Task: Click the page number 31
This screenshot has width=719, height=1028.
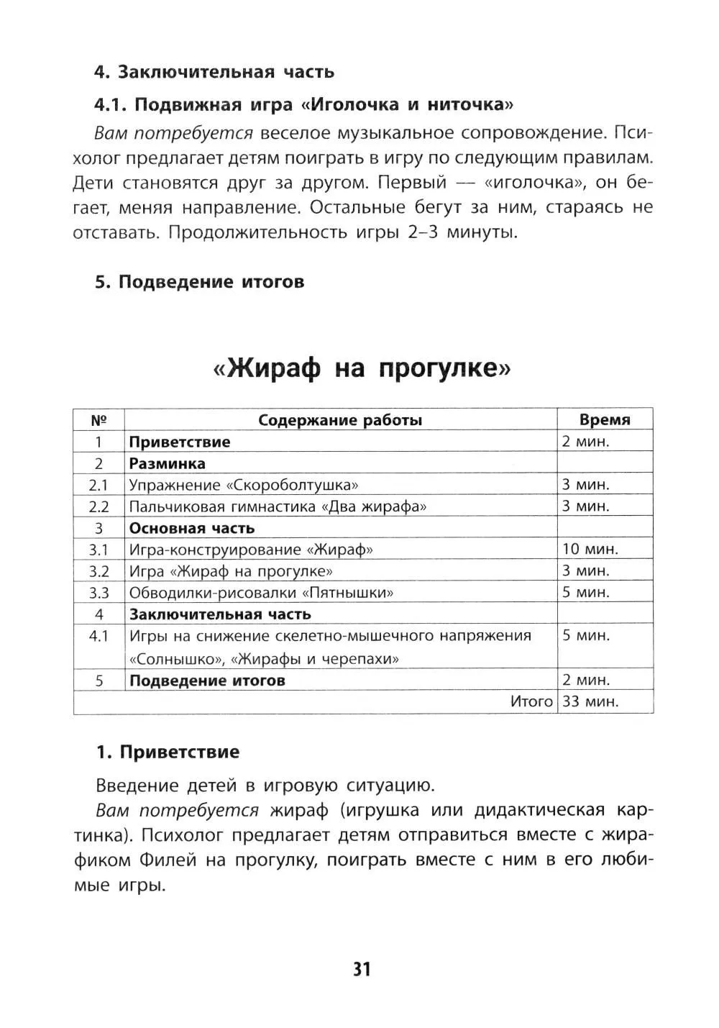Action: (362, 969)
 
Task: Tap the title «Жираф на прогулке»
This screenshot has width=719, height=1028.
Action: (362, 369)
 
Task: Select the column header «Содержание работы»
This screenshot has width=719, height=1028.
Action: (340, 420)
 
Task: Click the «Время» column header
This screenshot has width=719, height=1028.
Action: (605, 420)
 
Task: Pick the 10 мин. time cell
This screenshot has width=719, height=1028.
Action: (590, 549)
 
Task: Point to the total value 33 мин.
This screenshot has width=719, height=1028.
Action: (590, 701)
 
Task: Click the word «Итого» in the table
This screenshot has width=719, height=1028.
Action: (531, 701)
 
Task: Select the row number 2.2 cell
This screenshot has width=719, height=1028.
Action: (99, 506)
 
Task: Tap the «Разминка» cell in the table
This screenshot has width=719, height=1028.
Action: (167, 463)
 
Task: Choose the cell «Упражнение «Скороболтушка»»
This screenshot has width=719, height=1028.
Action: (244, 485)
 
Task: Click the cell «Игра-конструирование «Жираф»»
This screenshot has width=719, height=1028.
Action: (251, 550)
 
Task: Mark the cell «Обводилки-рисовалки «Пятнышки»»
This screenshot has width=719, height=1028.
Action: (261, 593)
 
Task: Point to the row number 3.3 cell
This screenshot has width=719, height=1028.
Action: (99, 593)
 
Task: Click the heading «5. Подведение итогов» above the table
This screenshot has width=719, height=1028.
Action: (200, 282)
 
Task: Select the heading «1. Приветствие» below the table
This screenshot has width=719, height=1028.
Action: (168, 752)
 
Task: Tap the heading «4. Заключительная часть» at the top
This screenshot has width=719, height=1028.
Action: (214, 72)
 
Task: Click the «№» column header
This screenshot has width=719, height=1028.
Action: (99, 420)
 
